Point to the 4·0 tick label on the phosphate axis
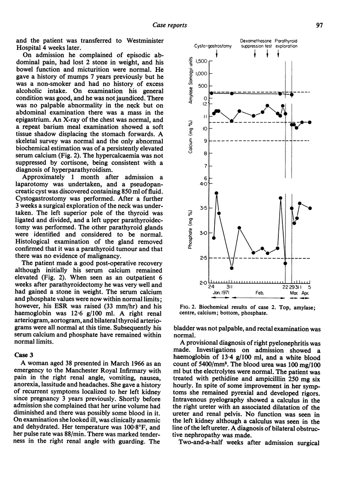pyautogui.click(x=203, y=183)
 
